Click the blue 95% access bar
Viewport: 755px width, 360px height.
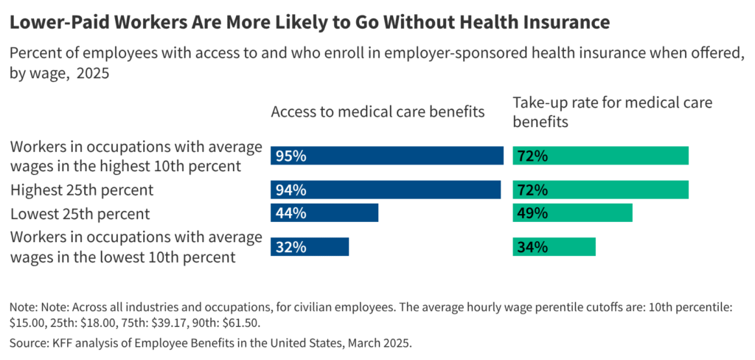[387, 156]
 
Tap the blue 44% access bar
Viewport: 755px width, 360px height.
[324, 213]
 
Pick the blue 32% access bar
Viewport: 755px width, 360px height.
[310, 247]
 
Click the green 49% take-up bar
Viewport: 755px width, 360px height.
[572, 213]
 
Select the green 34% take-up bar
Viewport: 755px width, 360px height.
[554, 247]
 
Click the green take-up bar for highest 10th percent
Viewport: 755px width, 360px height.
[600, 156]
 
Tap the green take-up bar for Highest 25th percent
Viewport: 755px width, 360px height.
[600, 190]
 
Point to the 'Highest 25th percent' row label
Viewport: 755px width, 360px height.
[82, 190]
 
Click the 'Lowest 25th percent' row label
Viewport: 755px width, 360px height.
[80, 214]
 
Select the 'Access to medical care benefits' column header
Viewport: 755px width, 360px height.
[377, 111]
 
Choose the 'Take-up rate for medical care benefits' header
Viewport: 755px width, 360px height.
[612, 111]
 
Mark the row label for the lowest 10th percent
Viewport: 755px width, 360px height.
[136, 247]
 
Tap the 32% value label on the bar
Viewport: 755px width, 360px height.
[291, 247]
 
